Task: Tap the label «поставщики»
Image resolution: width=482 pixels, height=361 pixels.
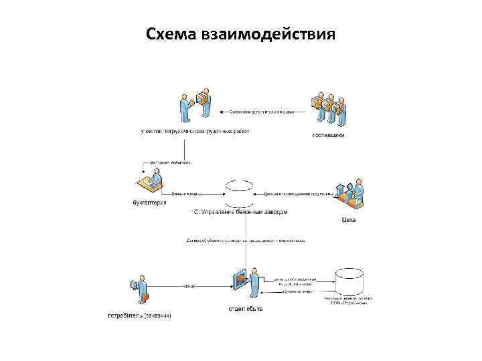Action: click(329, 136)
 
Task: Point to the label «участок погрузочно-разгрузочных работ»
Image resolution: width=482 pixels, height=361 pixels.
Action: click(195, 131)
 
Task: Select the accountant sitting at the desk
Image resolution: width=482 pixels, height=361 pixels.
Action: click(151, 183)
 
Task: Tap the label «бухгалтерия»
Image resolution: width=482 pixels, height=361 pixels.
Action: click(149, 203)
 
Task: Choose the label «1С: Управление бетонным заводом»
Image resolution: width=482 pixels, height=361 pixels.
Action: click(239, 212)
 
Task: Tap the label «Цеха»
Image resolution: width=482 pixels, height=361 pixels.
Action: click(349, 219)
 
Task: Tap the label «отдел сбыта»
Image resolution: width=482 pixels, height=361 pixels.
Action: click(246, 309)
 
